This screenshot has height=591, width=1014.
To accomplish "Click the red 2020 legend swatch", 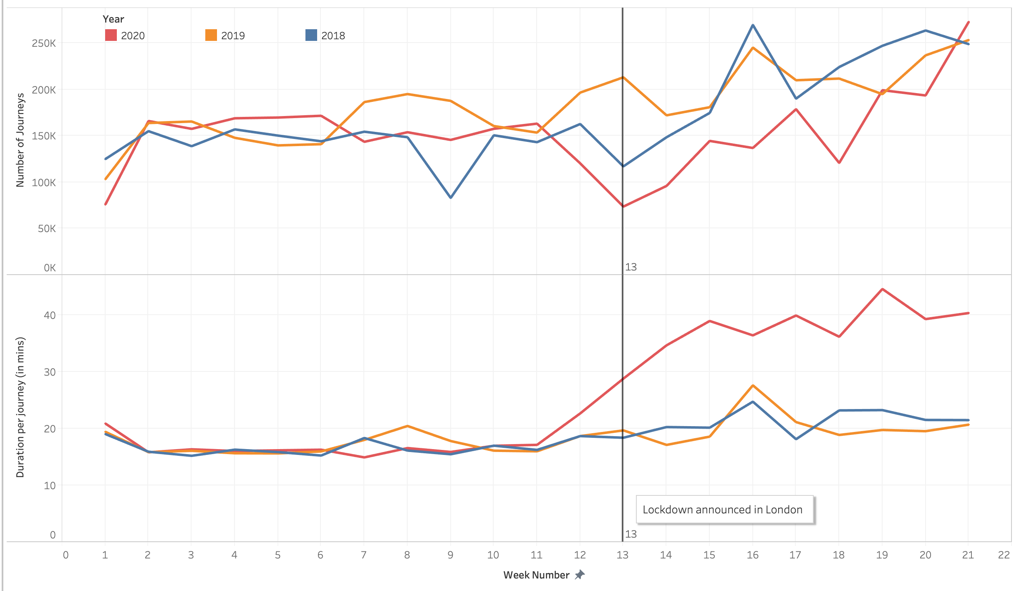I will pos(111,35).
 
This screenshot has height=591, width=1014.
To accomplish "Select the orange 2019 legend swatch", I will pos(211,35).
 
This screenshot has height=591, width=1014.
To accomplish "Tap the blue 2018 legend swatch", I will pos(311,35).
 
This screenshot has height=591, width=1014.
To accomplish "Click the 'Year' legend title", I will pos(113,19).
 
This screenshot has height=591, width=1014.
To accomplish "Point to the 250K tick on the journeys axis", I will pos(44,43).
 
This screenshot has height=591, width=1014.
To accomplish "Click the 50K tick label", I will pos(47,228).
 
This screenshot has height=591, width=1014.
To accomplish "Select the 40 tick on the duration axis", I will pos(50,315).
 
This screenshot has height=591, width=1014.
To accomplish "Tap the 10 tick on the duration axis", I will pos(50,485).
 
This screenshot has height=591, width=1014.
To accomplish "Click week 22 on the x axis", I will pos(1004,555).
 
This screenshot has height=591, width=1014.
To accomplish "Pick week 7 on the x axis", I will pos(363,555).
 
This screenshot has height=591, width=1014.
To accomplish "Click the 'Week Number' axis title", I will pos(536,575).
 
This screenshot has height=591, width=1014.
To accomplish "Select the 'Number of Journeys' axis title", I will pos(20,140).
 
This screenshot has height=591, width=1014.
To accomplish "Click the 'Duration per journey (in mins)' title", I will pos(20,407).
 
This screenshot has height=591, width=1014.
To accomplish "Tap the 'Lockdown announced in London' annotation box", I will pos(724,509).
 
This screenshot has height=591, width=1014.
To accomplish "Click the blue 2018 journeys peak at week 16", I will pos(753,25).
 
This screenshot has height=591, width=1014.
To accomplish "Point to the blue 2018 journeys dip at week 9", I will pos(451,197).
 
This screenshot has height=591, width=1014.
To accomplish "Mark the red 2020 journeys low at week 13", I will pos(623,206).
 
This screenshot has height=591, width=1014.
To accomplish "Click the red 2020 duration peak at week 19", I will pos(882,289).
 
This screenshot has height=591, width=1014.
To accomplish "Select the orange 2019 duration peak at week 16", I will pos(753,386).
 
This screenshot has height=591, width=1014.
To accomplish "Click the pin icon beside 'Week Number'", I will pos(580,575).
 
